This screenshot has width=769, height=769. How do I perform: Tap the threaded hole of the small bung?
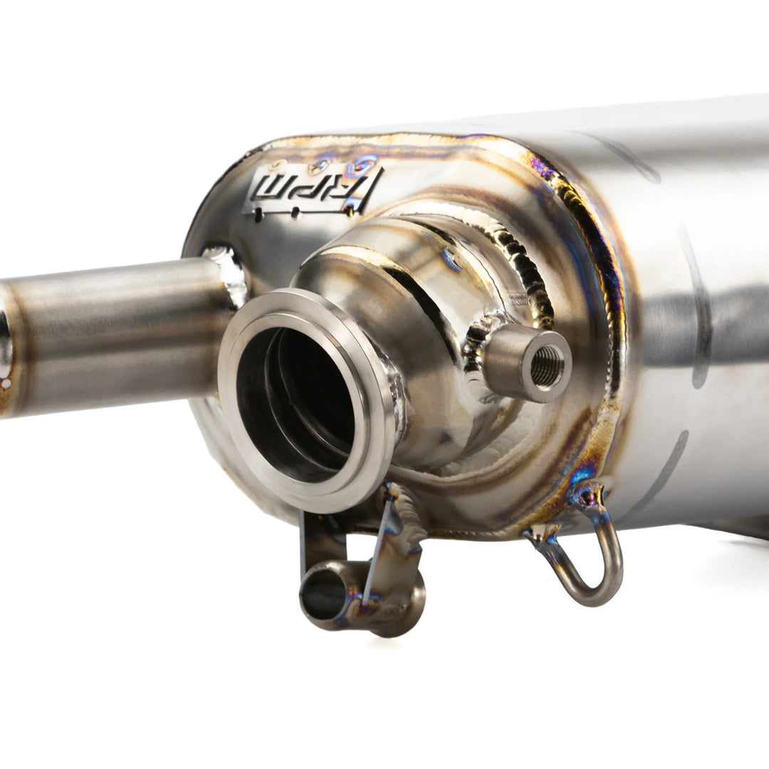coord(548,367)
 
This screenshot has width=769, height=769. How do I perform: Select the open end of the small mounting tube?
coord(324,593)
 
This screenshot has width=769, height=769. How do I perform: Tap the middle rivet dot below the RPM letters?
coord(294,212)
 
